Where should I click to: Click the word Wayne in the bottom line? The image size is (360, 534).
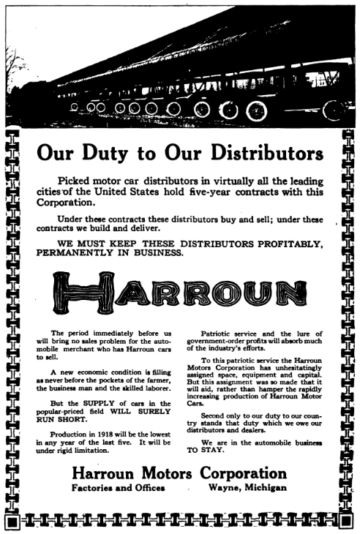(x=226, y=488)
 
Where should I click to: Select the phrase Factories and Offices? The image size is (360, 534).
(x=118, y=488)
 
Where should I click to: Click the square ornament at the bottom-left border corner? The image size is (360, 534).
(x=11, y=521)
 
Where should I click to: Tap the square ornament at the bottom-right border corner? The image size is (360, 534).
(x=346, y=520)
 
